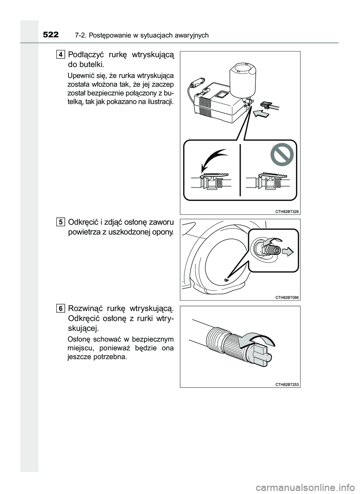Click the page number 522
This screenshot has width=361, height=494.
click(x=50, y=35)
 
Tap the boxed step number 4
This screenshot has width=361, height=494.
click(x=61, y=55)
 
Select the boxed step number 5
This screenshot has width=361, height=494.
click(x=61, y=222)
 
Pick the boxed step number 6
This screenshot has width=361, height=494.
click(x=61, y=309)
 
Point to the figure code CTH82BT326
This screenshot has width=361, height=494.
click(x=287, y=211)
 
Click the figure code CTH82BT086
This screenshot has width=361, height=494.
click(x=287, y=297)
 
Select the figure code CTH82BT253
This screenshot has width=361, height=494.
click(x=287, y=384)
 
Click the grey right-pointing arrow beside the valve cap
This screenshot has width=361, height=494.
click(x=288, y=252)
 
